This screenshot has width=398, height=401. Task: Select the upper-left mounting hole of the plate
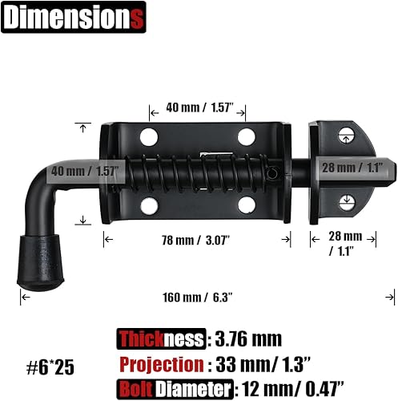[x=150, y=136]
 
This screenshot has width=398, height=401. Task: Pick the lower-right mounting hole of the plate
[x=247, y=207]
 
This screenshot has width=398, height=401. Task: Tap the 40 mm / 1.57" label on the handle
[x=84, y=171]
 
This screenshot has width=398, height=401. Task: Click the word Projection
[x=161, y=365]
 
